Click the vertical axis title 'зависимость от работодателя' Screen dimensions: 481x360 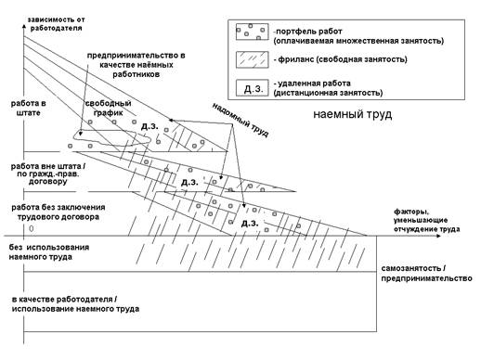click(56, 24)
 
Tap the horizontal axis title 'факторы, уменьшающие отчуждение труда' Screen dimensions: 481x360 click(426, 221)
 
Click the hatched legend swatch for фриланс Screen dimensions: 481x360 click(252, 59)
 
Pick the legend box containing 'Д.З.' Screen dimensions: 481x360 click(252, 88)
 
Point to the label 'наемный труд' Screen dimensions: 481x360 click(353, 114)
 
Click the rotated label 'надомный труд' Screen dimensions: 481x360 click(240, 120)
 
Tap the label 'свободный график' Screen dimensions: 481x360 click(108, 108)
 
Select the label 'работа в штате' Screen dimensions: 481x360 click(28, 108)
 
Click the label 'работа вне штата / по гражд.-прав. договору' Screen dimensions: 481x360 click(48, 174)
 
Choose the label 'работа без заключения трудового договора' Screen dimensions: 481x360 click(58, 212)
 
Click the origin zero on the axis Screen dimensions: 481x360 click(31, 228)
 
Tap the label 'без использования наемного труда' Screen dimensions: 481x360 click(49, 252)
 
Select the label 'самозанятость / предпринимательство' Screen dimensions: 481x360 click(426, 274)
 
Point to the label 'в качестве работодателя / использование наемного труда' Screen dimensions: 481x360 click(75, 304)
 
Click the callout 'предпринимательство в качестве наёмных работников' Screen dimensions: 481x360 click(136, 65)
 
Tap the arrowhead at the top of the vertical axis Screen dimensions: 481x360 click(24, 26)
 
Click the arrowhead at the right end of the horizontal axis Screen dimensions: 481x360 click(438, 236)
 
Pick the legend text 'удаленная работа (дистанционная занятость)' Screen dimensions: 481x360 click(328, 88)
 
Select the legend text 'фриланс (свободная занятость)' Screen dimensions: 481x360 click(340, 59)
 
